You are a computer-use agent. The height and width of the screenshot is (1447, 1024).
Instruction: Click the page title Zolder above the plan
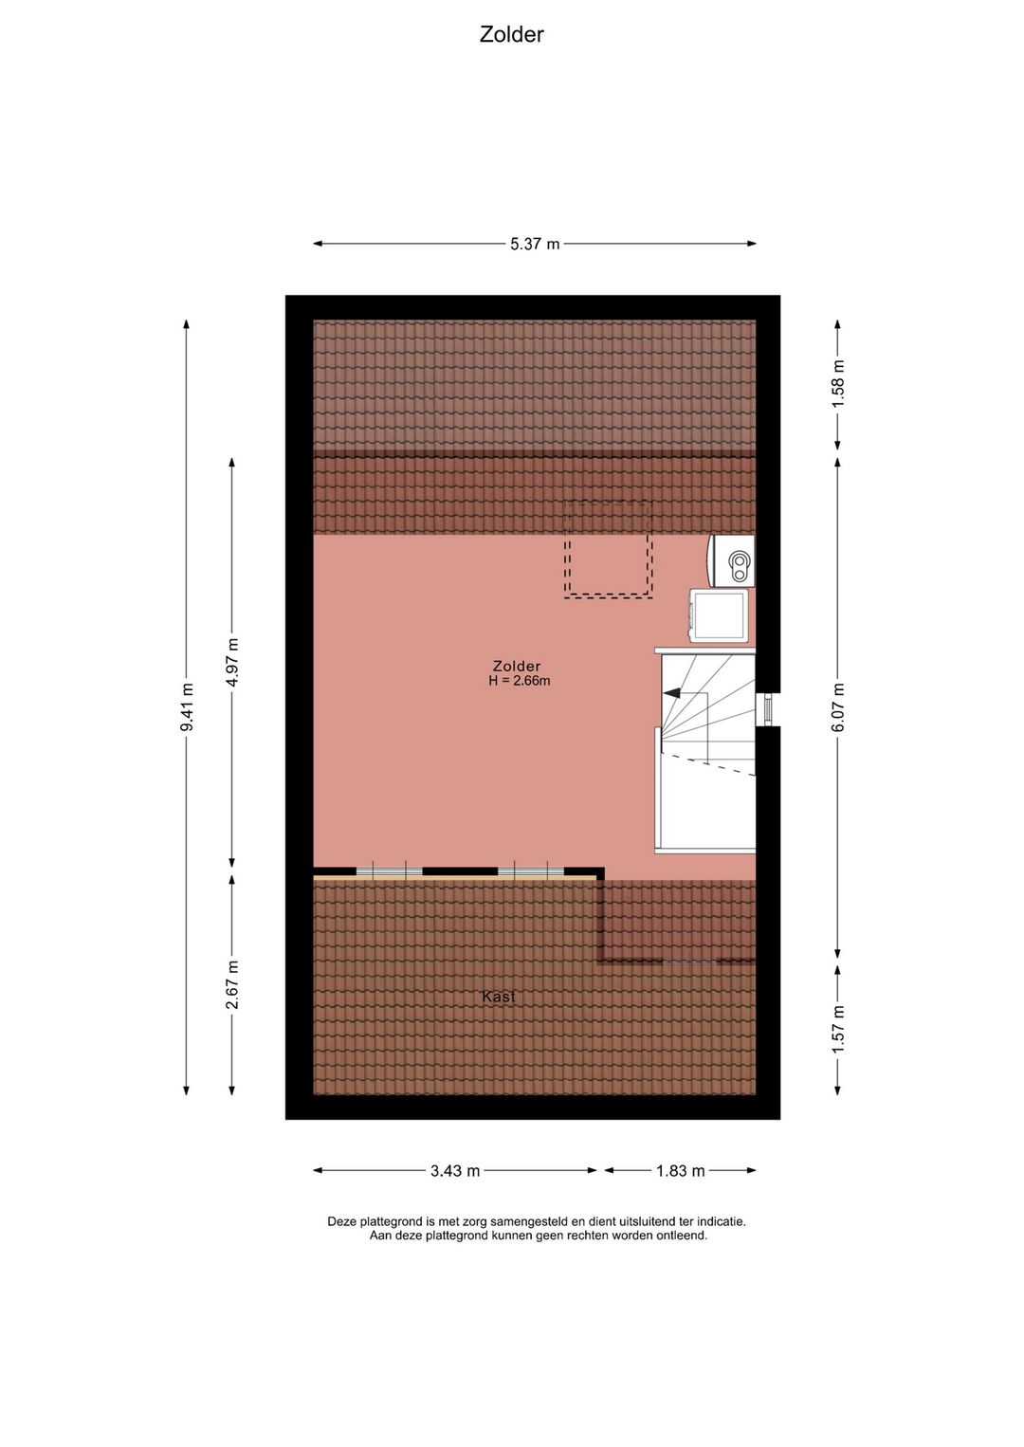(x=511, y=34)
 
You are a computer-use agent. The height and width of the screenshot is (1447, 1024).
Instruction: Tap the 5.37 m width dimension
(x=535, y=245)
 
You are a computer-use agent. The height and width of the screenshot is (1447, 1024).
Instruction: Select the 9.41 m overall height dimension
(x=187, y=707)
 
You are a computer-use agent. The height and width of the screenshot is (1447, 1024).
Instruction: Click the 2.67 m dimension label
(x=232, y=984)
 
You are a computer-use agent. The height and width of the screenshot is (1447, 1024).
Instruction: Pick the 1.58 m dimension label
(x=838, y=384)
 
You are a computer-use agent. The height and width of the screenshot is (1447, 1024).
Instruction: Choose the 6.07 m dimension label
(x=838, y=707)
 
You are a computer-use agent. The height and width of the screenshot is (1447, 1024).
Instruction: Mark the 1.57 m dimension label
(x=838, y=1031)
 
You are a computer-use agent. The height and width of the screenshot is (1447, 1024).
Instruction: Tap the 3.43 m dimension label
(x=455, y=1170)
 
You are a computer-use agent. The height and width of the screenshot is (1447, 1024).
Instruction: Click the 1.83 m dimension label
(x=681, y=1170)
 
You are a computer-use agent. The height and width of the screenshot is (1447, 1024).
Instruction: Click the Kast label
(x=499, y=996)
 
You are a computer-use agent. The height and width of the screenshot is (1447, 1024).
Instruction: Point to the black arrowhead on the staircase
(x=671, y=692)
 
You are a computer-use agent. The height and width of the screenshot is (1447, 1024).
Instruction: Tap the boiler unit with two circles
(x=731, y=559)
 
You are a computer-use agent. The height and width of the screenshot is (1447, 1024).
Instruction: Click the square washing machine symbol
(x=719, y=615)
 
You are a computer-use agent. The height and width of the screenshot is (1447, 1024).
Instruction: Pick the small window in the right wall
(x=767, y=709)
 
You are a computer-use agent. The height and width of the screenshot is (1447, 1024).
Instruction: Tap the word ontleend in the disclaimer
(x=683, y=1236)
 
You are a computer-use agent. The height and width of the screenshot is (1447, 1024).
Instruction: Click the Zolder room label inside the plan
(x=516, y=666)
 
